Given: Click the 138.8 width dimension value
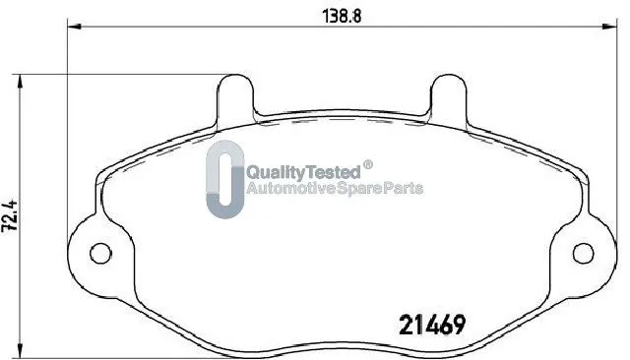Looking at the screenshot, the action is coord(342,16).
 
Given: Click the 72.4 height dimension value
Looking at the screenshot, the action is coord(10,215).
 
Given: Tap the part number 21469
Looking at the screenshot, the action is coord(432,325).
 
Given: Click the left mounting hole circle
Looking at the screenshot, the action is coord(100,253).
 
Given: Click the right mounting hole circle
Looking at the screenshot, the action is coord(583,253).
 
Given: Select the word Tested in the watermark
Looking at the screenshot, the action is coord(334,172).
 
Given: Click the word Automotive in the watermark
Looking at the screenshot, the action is coord(290,188).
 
